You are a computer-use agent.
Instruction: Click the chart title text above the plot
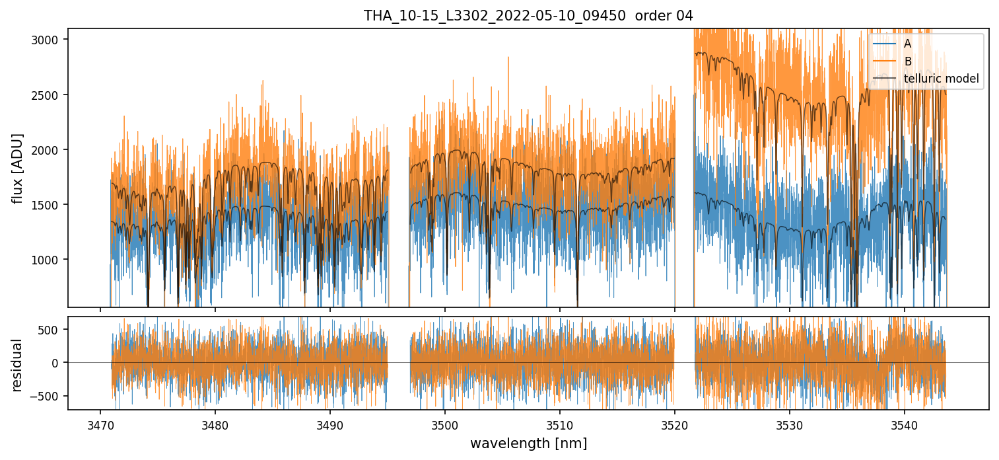coord(528,16)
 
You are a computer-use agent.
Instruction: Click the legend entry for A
coord(907,44)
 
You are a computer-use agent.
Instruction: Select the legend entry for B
coord(907,61)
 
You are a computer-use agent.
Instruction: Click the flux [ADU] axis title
coord(18,168)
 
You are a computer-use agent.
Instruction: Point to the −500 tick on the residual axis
coord(50,396)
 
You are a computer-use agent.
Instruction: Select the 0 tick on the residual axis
coord(59,363)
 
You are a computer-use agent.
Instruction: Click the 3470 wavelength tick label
coord(100,423)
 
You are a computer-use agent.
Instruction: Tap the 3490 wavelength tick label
coord(330,423)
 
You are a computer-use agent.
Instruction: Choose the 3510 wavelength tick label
coord(560,423)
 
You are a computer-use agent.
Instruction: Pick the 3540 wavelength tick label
coord(905,423)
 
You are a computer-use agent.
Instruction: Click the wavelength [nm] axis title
coord(528,443)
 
